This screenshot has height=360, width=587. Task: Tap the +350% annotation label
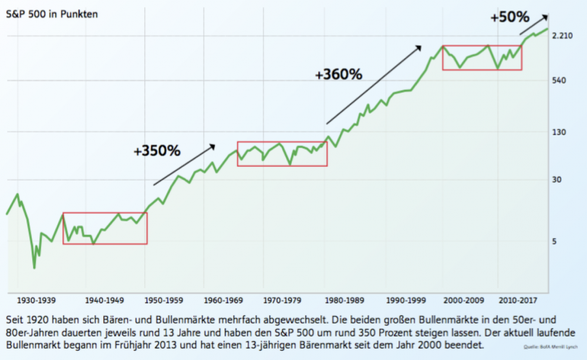tap(157, 151)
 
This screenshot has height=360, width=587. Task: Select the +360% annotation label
tap(338, 75)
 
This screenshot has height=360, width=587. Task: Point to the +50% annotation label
tap(510, 17)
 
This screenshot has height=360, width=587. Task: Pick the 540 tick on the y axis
tap(562, 80)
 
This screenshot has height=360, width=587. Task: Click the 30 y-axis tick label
tap(559, 180)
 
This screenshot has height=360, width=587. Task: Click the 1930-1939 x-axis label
tap(37, 301)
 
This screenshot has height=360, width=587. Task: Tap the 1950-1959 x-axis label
tap(164, 301)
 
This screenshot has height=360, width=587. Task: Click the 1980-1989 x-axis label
tap(343, 301)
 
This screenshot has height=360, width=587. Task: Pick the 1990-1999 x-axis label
tap(405, 301)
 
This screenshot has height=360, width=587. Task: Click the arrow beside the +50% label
tap(534, 24)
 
